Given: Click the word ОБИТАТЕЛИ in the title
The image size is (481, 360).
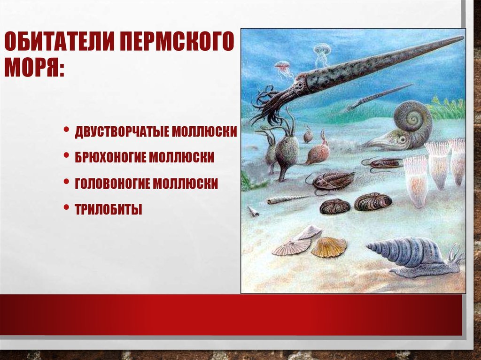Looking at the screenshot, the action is [58, 41].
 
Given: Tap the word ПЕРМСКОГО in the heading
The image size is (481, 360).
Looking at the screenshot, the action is [177, 41].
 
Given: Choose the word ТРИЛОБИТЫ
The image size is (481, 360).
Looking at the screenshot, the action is [109, 210].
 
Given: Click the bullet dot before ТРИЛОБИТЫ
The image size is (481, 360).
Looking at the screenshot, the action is [66, 207].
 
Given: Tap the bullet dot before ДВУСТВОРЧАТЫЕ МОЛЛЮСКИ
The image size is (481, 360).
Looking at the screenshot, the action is [66, 129].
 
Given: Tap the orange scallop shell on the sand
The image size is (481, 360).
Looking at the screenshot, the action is [328, 247].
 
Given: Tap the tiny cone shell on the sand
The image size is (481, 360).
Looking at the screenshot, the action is [252, 211].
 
